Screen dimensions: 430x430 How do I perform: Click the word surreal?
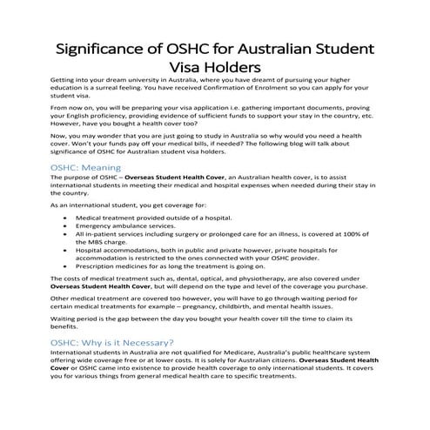coord(134,88)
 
